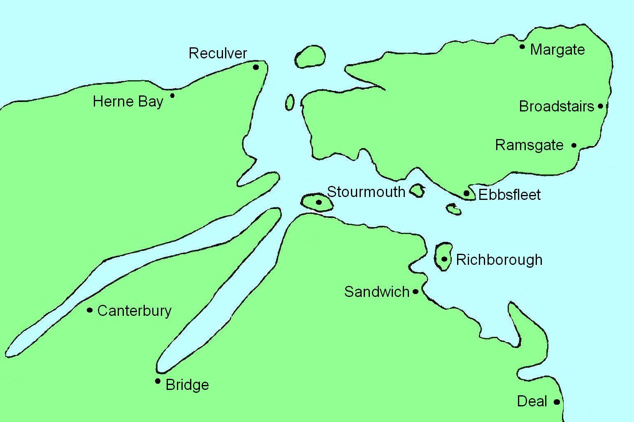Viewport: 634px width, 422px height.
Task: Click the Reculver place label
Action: coord(218,53)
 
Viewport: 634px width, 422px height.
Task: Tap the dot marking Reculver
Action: coord(256,67)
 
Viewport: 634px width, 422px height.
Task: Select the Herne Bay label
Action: coord(128,101)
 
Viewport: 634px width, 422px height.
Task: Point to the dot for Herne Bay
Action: coord(172,95)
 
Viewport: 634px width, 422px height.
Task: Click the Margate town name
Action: coord(557,50)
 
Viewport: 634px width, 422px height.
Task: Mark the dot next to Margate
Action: coord(523,46)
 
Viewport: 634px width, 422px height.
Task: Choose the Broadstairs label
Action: coord(556,107)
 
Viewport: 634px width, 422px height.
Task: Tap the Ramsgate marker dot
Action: coord(574,145)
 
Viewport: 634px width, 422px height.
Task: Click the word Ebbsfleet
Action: coord(509,195)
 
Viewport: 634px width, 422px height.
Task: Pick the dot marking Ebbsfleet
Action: coord(467,193)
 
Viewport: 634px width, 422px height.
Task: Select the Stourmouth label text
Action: coord(366,192)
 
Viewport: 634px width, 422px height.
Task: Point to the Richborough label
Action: coord(499,260)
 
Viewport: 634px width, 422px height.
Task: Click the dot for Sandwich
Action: coord(416,292)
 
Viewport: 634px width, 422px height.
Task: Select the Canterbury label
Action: coord(134,311)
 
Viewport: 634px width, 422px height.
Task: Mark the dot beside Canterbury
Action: coord(90,310)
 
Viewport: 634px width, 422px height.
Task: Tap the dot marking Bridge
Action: coord(158,381)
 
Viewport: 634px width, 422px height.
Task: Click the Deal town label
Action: coord(532,401)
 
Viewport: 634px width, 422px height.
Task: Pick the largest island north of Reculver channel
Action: coord(310,56)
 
